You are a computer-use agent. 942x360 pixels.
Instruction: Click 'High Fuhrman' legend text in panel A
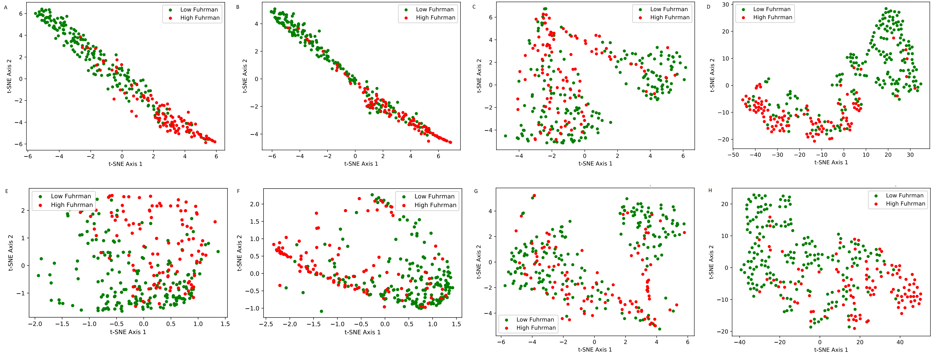point(200,18)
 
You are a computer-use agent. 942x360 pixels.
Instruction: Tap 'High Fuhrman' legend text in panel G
point(536,328)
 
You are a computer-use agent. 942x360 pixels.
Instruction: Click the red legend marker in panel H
point(876,204)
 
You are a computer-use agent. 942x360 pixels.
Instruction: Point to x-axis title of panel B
point(361,163)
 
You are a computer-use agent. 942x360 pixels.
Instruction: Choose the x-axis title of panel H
point(831,350)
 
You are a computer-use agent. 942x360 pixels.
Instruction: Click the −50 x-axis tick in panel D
point(733,155)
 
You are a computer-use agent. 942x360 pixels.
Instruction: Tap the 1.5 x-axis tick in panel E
point(225,324)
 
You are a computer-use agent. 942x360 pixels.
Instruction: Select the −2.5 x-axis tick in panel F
point(267,324)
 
